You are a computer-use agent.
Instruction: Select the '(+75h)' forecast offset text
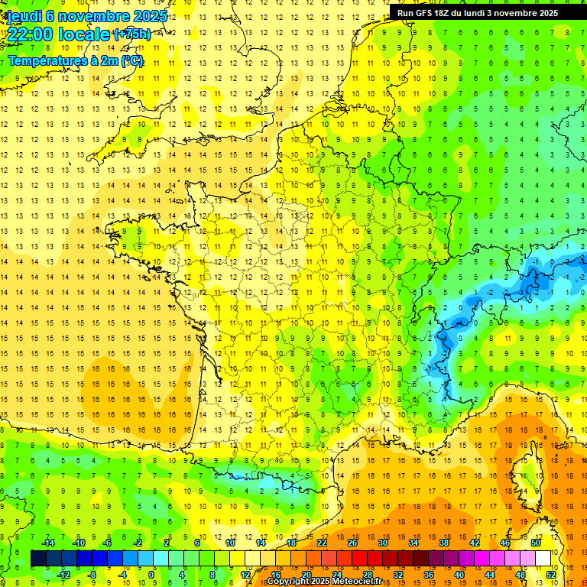[131, 34]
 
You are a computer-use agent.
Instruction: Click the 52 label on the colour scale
[551, 575]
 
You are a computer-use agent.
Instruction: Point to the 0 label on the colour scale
[151, 575]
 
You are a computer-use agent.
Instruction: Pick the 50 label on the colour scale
[536, 543]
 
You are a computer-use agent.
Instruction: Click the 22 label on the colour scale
[322, 543]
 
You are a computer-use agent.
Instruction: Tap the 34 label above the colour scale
[413, 543]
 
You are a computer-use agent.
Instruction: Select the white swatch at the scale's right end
[543, 559]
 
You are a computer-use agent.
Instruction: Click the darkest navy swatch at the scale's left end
[38, 559]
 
